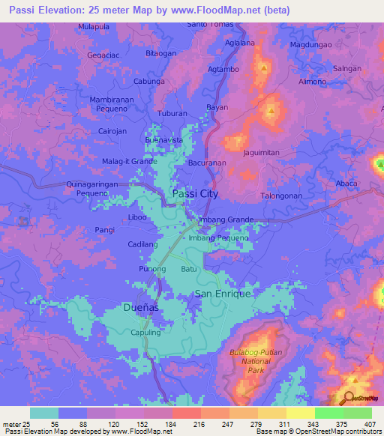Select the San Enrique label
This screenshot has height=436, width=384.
[223, 294]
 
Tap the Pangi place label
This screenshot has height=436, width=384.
[104, 231]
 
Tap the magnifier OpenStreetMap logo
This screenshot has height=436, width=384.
[349, 399]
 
